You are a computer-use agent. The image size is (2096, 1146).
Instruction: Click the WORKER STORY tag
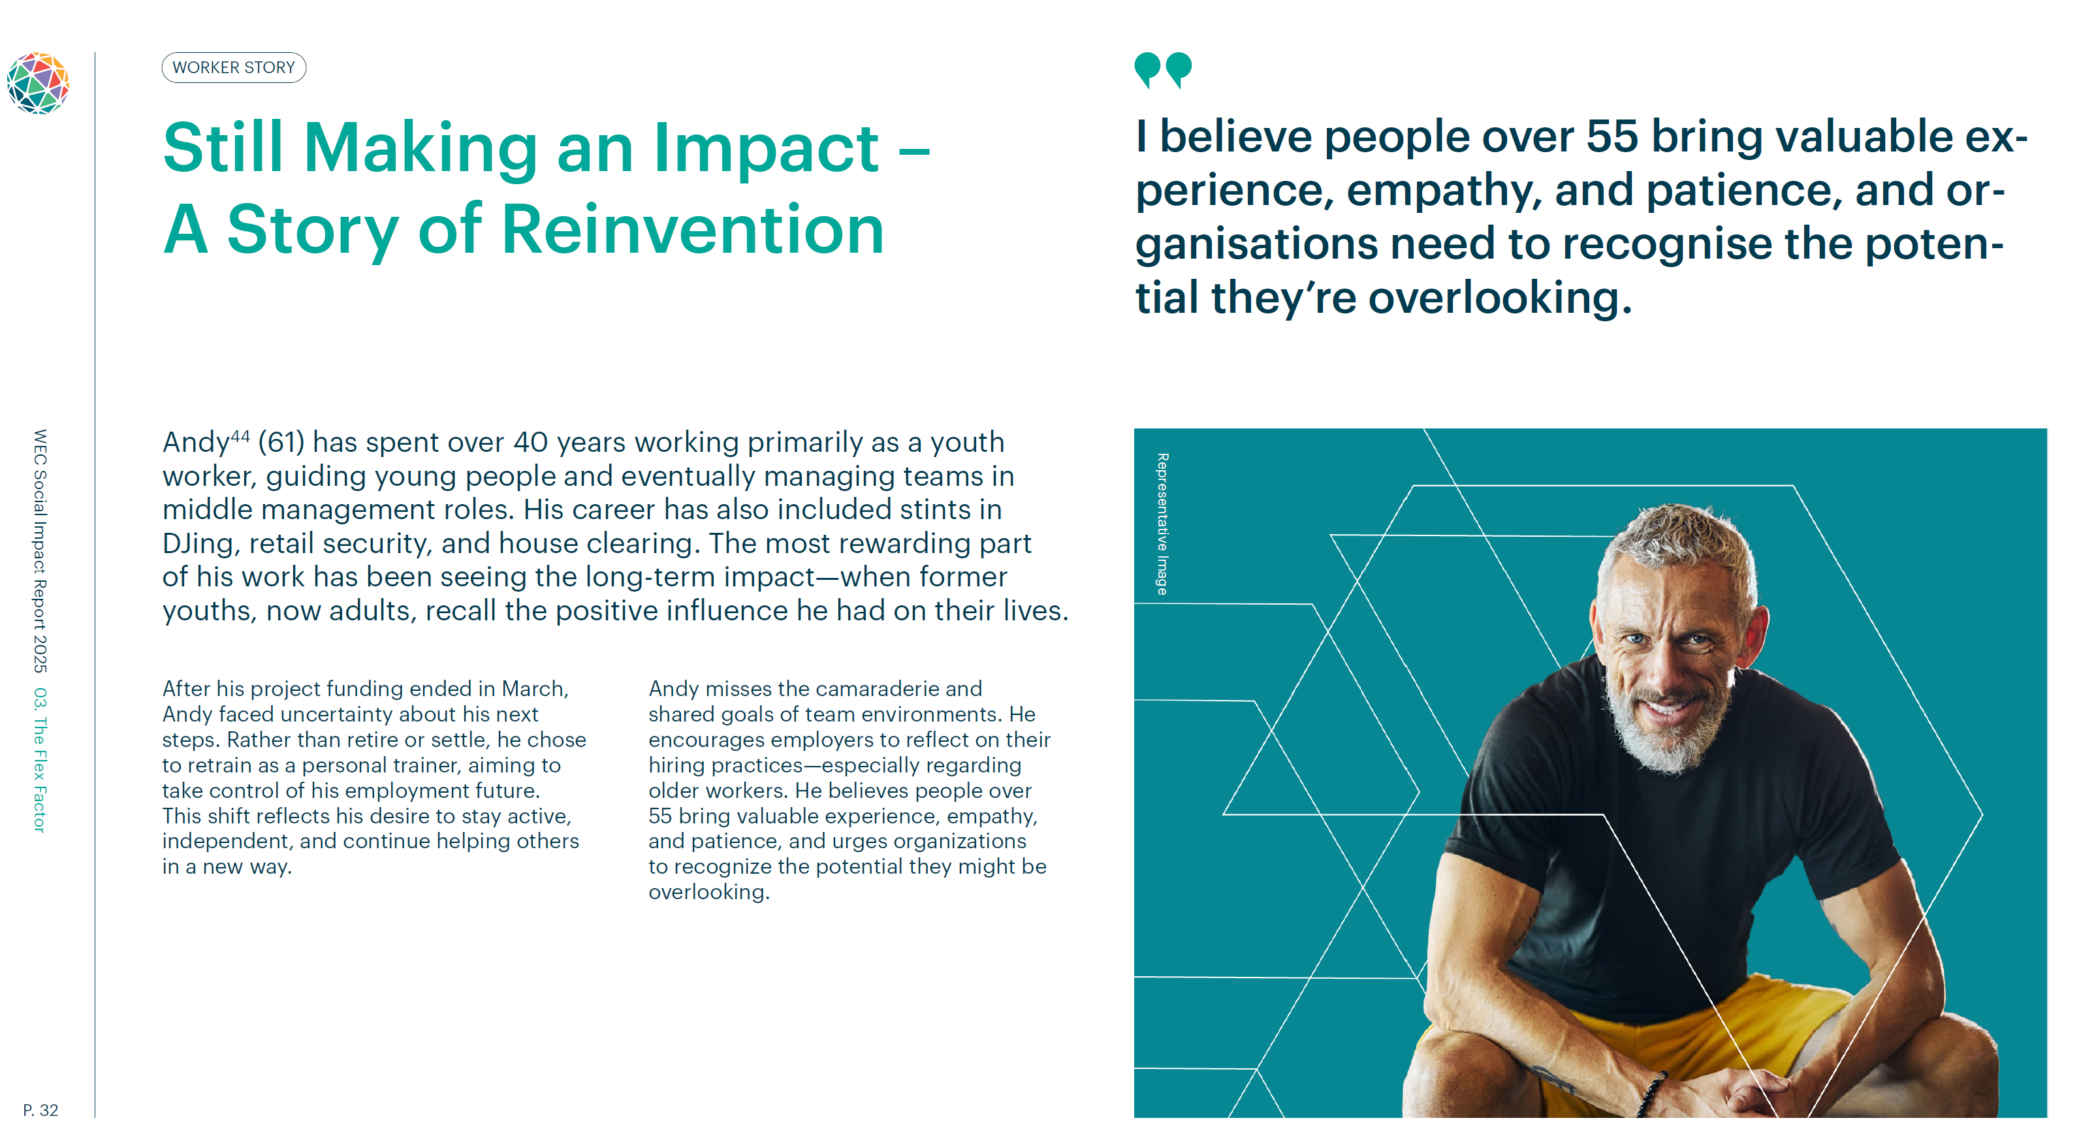click(x=234, y=67)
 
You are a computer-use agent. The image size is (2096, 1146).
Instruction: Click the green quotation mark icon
click(x=1163, y=70)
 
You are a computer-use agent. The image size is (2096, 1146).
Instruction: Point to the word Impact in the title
click(x=766, y=148)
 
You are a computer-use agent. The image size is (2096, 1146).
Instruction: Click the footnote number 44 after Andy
click(x=240, y=436)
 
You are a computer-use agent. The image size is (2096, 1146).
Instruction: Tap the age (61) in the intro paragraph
click(x=281, y=442)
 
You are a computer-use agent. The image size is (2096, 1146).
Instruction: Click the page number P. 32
click(x=40, y=1110)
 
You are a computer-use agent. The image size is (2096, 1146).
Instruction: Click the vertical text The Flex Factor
click(x=39, y=774)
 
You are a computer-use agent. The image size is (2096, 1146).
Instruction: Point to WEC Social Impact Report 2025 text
click(x=39, y=551)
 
